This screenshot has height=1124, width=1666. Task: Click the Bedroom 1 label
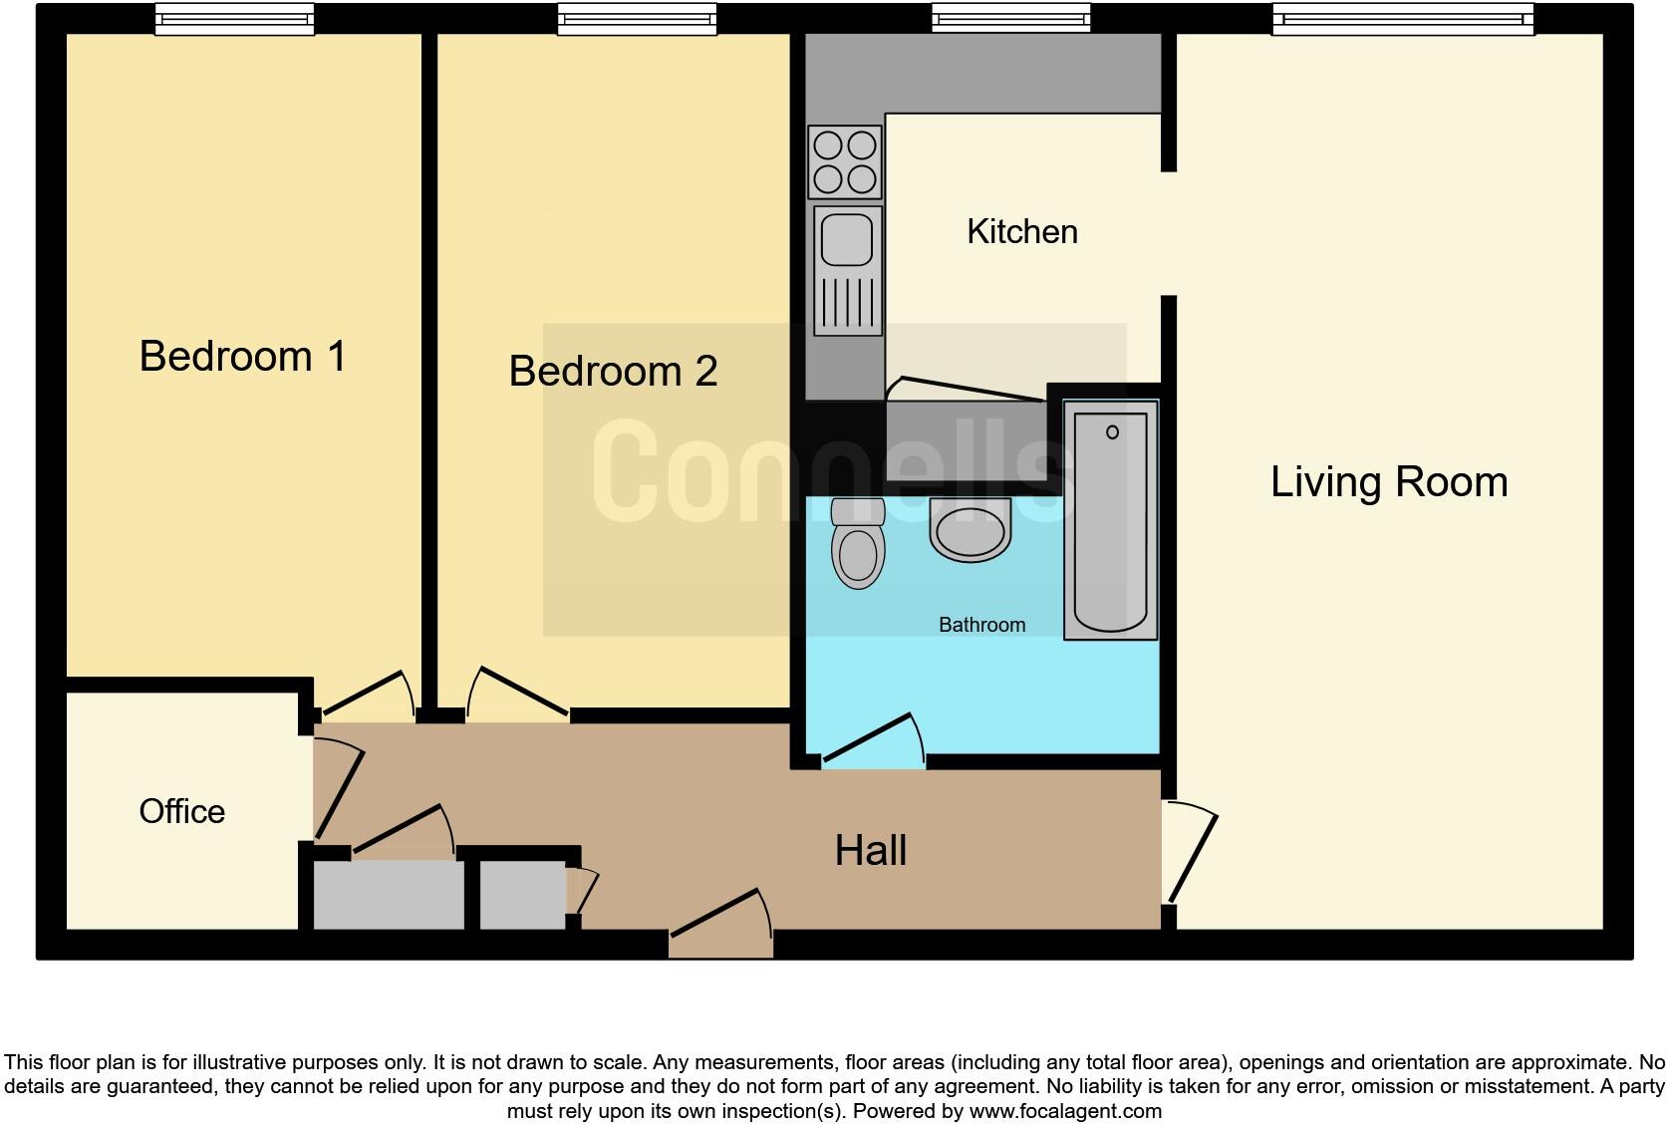242,356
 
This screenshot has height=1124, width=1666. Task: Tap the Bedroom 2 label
613,371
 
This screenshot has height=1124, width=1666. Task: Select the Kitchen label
1021,231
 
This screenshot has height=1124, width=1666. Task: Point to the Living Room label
1388,481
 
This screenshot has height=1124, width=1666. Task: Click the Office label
181,811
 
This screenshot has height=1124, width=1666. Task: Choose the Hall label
870,850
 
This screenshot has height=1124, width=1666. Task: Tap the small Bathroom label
981,625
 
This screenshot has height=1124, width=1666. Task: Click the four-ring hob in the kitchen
845,162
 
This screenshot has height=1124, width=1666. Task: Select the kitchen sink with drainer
847,269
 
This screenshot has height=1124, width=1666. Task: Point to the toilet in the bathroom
858,544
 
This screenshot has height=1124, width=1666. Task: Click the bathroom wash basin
970,530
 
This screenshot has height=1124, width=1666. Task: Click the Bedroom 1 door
365,695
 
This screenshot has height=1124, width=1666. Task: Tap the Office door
340,787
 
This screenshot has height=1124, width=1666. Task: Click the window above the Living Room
1401,18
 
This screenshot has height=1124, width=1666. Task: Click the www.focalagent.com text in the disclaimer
1065,1110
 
